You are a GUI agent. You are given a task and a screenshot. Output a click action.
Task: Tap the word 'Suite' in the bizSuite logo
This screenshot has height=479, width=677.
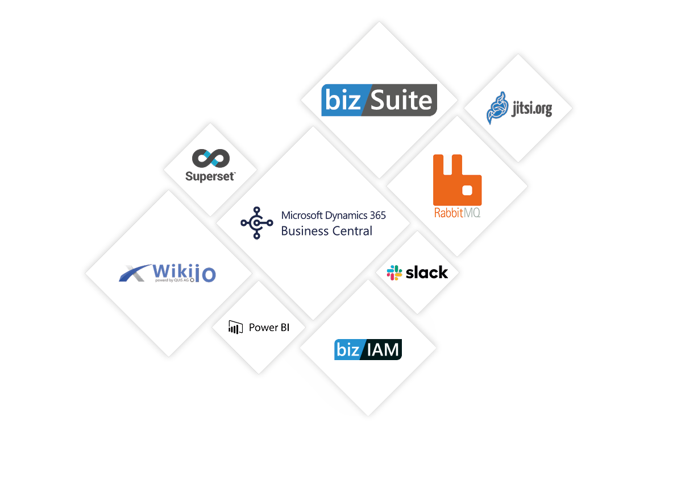(x=401, y=100)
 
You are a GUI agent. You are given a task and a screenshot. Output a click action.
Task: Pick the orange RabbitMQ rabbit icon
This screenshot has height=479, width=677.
(x=457, y=179)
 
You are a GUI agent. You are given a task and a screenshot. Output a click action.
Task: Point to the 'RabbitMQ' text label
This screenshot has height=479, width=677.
(x=457, y=213)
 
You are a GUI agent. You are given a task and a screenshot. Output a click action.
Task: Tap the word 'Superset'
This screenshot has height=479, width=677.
(x=210, y=176)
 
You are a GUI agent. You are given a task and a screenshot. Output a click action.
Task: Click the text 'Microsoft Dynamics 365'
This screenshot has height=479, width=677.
(x=334, y=216)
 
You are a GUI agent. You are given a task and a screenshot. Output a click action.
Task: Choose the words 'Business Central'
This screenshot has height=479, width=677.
(x=327, y=231)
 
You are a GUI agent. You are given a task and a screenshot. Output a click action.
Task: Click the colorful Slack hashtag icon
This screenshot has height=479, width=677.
(x=394, y=272)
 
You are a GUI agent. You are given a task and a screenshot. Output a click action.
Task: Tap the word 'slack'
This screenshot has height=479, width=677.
(x=427, y=273)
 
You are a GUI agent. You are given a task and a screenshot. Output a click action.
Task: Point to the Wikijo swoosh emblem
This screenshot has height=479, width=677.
(x=135, y=274)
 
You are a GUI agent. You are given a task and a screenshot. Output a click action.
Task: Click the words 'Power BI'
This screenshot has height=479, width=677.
(x=269, y=328)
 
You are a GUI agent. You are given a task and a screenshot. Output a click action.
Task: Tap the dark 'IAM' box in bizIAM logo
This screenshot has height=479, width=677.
(x=381, y=349)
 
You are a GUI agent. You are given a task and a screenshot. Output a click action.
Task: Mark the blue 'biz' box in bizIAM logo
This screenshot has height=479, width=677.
(x=347, y=349)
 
